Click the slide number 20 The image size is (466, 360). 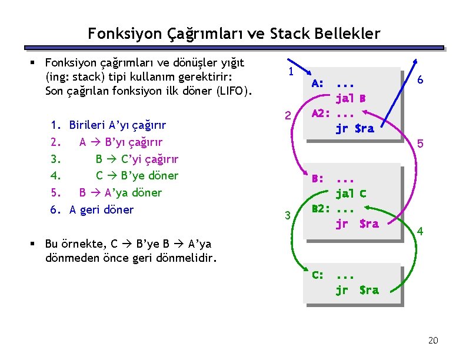[x=433, y=341]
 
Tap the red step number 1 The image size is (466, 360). [x=291, y=72]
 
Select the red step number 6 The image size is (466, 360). [x=420, y=81]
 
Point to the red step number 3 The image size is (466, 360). [x=288, y=215]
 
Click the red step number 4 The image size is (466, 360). [x=420, y=232]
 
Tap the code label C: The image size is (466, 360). [x=317, y=275]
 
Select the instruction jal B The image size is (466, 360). [x=351, y=98]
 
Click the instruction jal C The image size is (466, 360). [x=351, y=193]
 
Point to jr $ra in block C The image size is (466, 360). [x=357, y=289]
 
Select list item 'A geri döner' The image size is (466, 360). [x=101, y=209]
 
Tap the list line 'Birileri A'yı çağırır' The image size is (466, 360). [x=117, y=125]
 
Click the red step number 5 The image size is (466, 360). [x=420, y=143]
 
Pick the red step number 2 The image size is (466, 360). [x=288, y=116]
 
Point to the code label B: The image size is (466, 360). [x=317, y=178]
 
